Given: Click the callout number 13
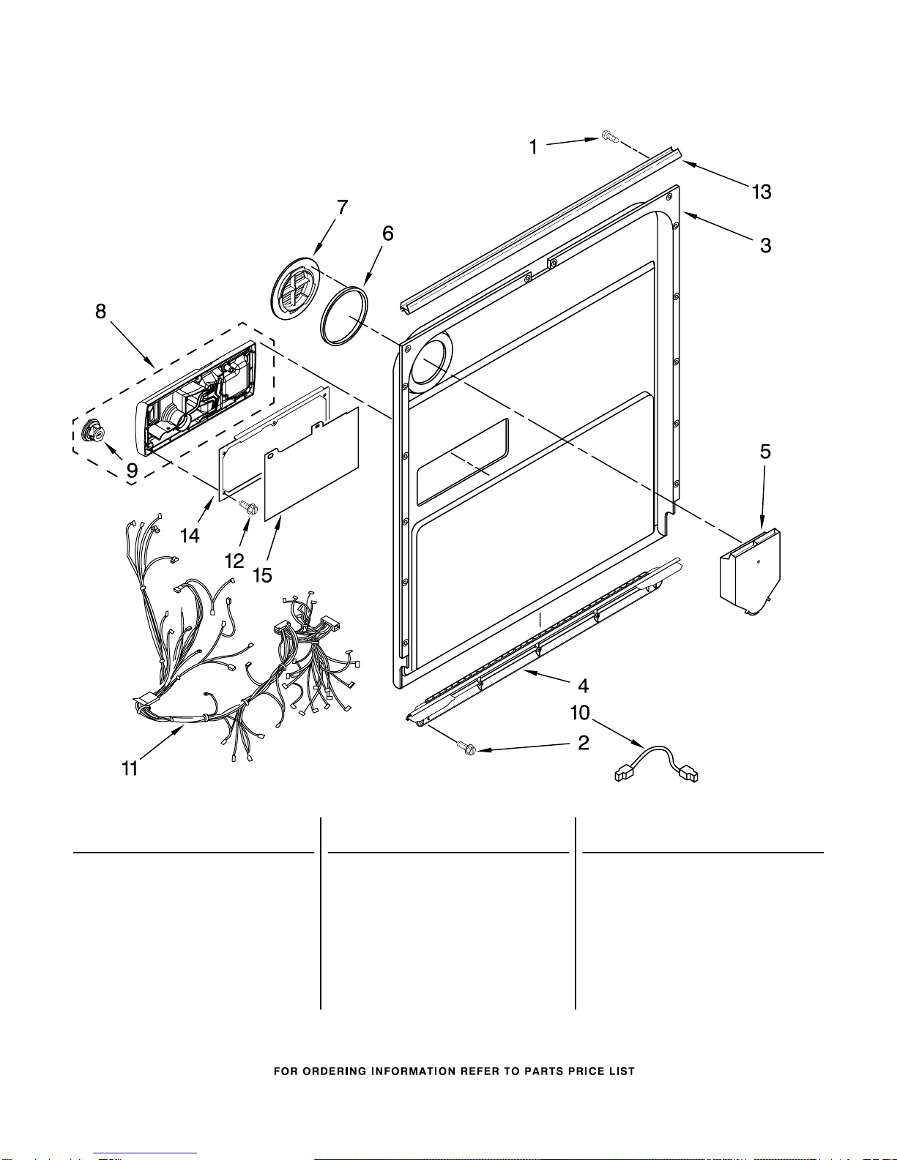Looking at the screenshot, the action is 762,192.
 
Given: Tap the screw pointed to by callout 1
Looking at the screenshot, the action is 610,136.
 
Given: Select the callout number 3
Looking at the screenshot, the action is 766,246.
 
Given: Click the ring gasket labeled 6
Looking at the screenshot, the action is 344,315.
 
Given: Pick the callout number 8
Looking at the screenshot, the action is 101,311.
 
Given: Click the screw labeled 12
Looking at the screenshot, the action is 248,506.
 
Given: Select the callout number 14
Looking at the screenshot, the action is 190,536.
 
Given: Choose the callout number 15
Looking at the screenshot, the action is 262,575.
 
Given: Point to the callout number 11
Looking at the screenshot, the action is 130,768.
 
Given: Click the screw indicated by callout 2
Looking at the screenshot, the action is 466,748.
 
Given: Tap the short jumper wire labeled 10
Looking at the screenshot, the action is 656,764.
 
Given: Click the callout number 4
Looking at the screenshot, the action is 583,686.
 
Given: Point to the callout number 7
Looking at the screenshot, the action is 342,207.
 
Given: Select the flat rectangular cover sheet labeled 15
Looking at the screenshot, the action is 312,463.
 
